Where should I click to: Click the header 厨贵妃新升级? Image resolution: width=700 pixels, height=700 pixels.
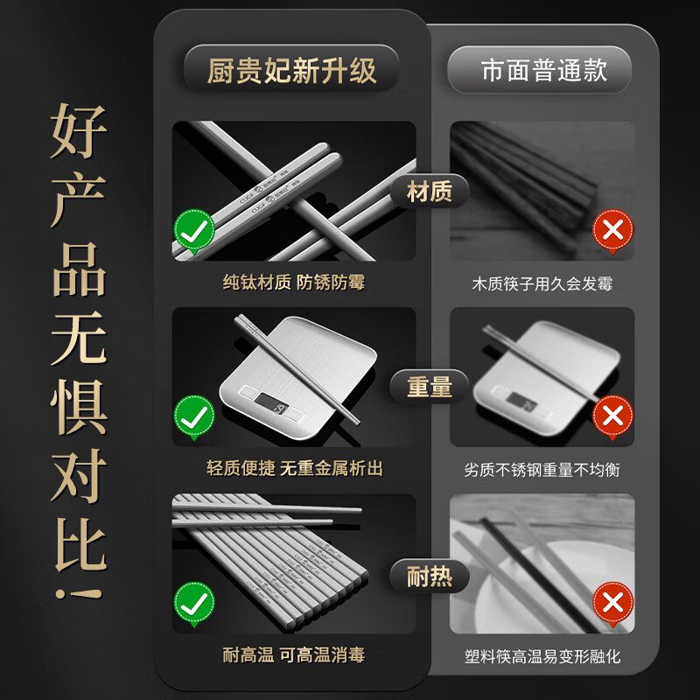[x=291, y=70]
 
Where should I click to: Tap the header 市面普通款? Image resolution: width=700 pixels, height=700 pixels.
[x=543, y=70]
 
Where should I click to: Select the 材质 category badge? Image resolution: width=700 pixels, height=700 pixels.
[x=430, y=192]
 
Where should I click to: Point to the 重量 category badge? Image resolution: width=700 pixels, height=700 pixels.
[x=430, y=386]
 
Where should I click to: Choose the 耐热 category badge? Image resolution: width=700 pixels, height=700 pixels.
[x=430, y=577]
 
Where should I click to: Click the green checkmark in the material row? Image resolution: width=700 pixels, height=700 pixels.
[x=194, y=230]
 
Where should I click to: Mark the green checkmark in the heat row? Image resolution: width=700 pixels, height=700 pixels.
[x=194, y=602]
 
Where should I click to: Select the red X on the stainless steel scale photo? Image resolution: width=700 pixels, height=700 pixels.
[x=612, y=414]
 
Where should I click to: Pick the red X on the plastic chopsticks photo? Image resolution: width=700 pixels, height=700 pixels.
[x=612, y=602]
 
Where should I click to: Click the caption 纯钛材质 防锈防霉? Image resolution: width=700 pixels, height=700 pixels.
[x=293, y=283]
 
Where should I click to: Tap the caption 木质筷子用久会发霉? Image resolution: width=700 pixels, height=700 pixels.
[x=542, y=283]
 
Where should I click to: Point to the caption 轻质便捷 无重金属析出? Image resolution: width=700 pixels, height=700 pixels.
[x=293, y=470]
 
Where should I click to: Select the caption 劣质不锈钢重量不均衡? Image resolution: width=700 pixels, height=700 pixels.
[x=542, y=470]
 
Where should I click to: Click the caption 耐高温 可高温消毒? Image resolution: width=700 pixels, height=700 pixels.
[x=293, y=655]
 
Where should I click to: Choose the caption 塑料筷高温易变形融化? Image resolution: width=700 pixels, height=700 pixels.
[x=542, y=656]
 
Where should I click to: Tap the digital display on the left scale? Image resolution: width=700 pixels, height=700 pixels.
[x=276, y=406]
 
